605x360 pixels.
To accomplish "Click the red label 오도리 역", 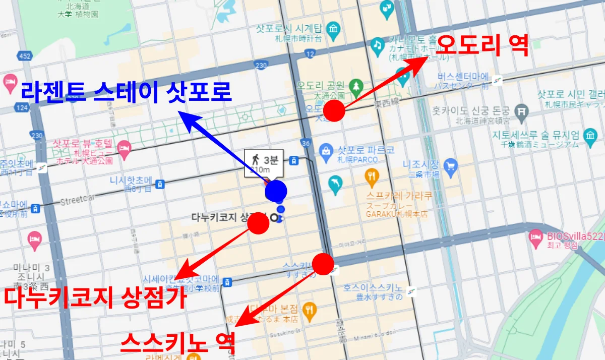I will pyautogui.click(x=481, y=46).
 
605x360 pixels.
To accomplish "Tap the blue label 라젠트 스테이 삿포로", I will pyautogui.click(x=126, y=92).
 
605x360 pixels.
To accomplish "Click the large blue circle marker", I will pyautogui.click(x=276, y=191).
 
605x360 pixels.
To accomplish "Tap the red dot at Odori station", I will pyautogui.click(x=334, y=110).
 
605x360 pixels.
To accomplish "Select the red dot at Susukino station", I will pyautogui.click(x=323, y=264).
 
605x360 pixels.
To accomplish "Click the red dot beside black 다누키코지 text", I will pyautogui.click(x=259, y=223).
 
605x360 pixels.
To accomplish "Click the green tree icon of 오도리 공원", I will pyautogui.click(x=356, y=86).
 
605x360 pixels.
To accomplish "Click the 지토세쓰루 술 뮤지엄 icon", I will pyautogui.click(x=589, y=135).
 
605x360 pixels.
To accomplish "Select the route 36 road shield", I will pyautogui.click(x=305, y=144).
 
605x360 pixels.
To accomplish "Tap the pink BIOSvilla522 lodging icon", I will pyautogui.click(x=535, y=236).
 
